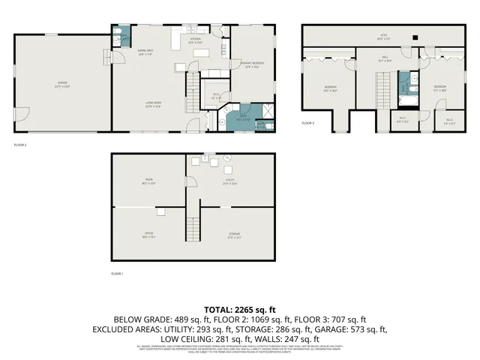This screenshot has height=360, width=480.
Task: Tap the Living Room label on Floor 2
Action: pyautogui.click(x=154, y=104)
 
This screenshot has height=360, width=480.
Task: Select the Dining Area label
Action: pyautogui.click(x=145, y=52)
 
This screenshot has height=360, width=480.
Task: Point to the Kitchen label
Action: pyautogui.click(x=195, y=41)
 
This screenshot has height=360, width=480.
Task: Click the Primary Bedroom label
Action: pyautogui.click(x=252, y=64)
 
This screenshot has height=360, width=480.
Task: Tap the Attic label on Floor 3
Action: pyautogui.click(x=382, y=36)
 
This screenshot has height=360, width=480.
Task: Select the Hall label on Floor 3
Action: pyautogui.click(x=384, y=58)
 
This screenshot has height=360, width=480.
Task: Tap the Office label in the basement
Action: pyautogui.click(x=148, y=235)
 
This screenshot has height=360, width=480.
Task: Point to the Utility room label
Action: pyautogui.click(x=229, y=181)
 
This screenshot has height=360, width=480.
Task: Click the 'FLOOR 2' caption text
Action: pyautogui.click(x=19, y=144)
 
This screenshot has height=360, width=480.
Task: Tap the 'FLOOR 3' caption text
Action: pyautogui.click(x=308, y=123)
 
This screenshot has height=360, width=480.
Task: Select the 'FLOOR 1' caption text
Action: pyautogui.click(x=116, y=273)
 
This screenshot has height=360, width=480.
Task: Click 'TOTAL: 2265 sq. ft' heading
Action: pyautogui.click(x=240, y=309)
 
